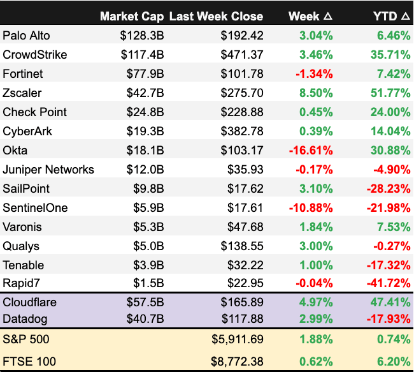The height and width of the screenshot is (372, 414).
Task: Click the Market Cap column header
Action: [132, 16]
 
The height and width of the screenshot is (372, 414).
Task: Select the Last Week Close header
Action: [217, 16]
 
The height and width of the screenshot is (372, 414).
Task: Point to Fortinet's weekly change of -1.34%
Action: [313, 73]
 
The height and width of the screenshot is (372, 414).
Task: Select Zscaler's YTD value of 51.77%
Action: [387, 93]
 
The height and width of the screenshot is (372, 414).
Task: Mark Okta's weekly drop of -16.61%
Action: [311, 150]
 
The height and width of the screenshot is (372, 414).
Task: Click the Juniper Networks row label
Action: [48, 169]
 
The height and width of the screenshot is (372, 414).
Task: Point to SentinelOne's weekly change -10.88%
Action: [311, 207]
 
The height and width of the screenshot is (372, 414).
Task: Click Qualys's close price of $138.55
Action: [240, 246]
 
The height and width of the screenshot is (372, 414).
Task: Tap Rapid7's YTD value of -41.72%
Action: [385, 284]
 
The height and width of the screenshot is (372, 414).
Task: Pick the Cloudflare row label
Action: [29, 303]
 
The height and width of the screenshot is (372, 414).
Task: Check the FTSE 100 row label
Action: [29, 361]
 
